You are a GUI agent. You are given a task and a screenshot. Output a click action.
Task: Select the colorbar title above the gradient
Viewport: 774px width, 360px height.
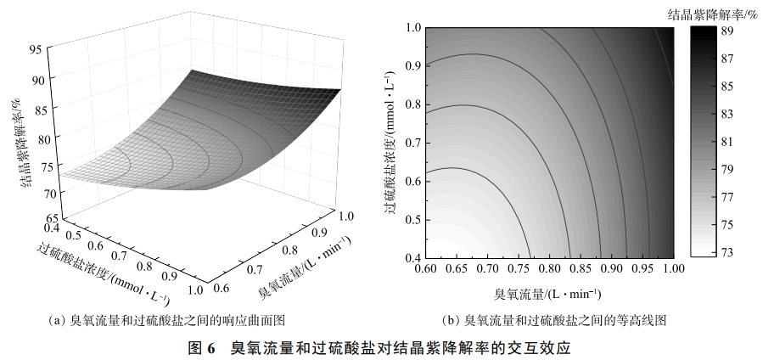click(x=716, y=12)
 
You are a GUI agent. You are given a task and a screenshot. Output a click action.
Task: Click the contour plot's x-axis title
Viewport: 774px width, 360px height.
click(x=548, y=294)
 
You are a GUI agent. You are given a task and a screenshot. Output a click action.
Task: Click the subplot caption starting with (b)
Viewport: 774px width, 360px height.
click(x=557, y=320)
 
